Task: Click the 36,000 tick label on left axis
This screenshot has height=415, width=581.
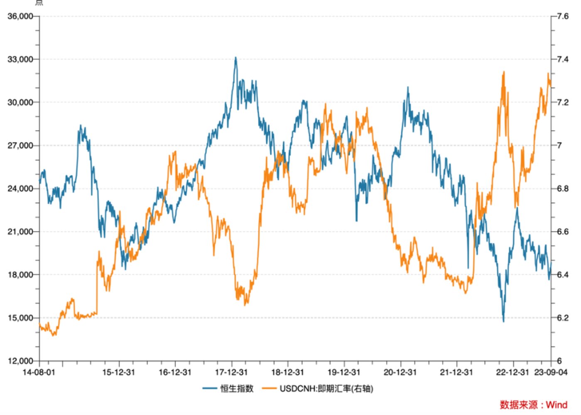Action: pos(20,16)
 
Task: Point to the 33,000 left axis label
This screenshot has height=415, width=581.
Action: pos(20,59)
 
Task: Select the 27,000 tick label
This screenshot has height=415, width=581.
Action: pos(20,146)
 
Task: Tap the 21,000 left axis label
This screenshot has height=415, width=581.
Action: pos(20,232)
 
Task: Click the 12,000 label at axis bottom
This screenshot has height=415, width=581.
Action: pos(20,361)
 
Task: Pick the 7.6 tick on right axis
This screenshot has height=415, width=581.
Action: pos(563,16)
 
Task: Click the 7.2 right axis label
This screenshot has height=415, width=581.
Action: pos(563,102)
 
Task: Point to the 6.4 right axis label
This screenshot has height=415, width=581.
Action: pos(563,275)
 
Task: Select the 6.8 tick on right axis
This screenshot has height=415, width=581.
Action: pos(563,189)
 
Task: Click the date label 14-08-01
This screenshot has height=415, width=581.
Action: pos(39,372)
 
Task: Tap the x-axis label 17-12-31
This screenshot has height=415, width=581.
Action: pos(231,372)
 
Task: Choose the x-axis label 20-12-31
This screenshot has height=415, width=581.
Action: pos(400,372)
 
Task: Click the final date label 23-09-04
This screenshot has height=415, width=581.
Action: pos(551,372)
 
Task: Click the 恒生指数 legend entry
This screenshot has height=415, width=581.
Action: pos(237,389)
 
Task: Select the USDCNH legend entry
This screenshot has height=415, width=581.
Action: pos(326,389)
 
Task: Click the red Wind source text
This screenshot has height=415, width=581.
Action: pos(533,405)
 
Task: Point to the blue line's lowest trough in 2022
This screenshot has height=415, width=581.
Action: pos(503,321)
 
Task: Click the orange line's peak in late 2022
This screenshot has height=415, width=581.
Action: pos(504,72)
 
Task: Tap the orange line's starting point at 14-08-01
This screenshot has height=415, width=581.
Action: pos(39,324)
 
